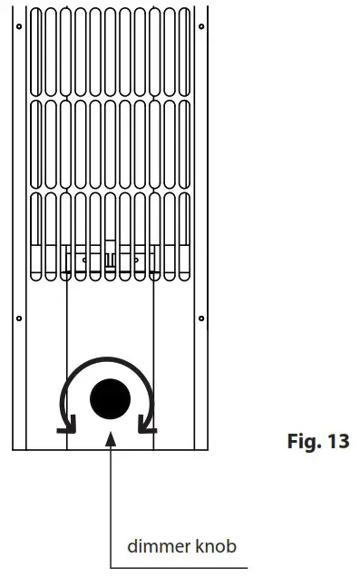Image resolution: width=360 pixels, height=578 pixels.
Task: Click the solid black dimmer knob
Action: tap(110, 397)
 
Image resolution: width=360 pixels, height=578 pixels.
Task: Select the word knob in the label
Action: tap(216, 546)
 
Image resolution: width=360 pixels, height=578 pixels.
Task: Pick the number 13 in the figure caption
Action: tap(336, 445)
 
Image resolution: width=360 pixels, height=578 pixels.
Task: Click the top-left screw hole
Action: tap(18, 26)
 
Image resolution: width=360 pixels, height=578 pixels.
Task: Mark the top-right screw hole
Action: tap(200, 26)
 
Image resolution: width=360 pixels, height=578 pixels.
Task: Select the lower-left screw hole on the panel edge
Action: tap(18, 318)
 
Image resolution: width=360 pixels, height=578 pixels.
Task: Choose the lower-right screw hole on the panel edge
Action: tap(200, 318)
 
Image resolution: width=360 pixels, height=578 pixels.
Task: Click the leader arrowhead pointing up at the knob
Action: tap(110, 440)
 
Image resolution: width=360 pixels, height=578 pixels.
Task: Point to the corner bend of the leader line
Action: tap(110, 567)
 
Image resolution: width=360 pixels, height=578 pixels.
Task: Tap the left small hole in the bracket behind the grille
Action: tap(83, 258)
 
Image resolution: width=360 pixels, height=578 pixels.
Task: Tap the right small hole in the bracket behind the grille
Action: tap(135, 258)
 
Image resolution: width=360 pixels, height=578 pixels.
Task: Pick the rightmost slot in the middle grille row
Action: tap(184, 140)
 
